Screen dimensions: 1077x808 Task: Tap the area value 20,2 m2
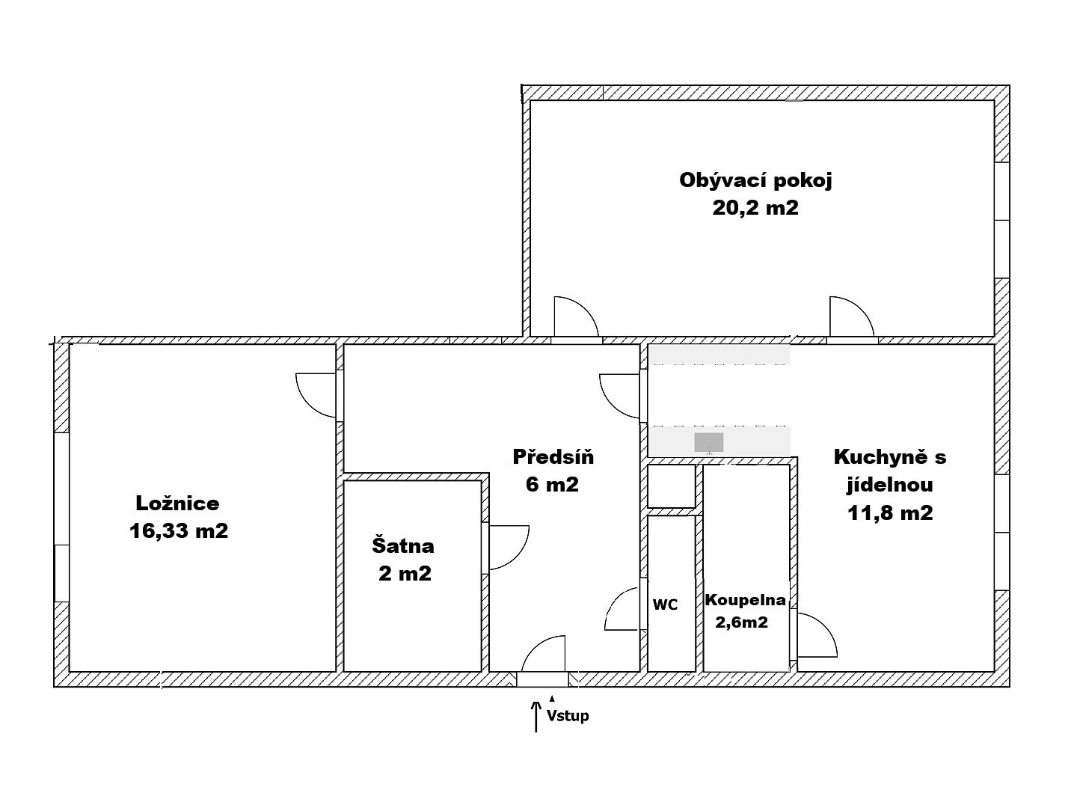[755, 208]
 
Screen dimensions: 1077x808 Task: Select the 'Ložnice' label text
[177, 504]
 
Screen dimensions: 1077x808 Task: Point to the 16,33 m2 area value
[179, 531]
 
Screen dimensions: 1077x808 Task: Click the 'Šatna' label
[403, 545]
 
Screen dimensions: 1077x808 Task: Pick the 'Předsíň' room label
[553, 456]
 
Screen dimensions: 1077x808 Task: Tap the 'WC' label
[665, 605]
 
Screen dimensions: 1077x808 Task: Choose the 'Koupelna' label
[746, 600]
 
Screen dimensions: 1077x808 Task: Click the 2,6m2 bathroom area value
[741, 622]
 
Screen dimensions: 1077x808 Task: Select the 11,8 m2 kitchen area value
[890, 513]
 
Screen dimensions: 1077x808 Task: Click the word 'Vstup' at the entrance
[568, 716]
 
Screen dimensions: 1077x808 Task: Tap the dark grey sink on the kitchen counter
[708, 442]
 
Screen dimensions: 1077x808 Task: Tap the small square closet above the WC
[671, 486]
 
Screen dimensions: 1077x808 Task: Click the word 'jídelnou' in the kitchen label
[889, 486]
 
